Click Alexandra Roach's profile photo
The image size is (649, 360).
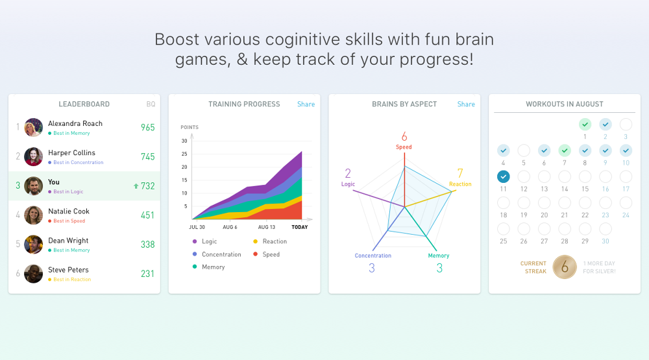coord(34,127)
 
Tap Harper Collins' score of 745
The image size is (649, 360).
coord(147,156)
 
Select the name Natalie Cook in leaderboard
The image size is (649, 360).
coord(69,211)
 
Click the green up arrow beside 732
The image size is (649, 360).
coord(136,186)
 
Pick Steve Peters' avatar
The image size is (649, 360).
coord(34,274)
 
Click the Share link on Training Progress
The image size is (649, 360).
coord(306,104)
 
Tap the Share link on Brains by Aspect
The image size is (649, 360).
coord(466,104)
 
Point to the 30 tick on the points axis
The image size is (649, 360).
coord(184,141)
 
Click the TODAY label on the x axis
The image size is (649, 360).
coord(300,227)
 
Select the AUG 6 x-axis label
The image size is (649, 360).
coord(230,227)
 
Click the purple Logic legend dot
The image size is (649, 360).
coord(194,241)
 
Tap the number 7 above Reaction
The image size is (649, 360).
coord(460,173)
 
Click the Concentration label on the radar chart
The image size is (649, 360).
coord(373,256)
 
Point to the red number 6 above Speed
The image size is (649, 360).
coord(404,137)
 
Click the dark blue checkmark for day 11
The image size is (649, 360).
coord(503,176)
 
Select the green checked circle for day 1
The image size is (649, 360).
coord(585,124)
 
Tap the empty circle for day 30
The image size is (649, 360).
coord(606,229)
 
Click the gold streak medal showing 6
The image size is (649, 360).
coord(565,267)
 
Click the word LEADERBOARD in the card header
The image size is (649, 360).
coord(84,104)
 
